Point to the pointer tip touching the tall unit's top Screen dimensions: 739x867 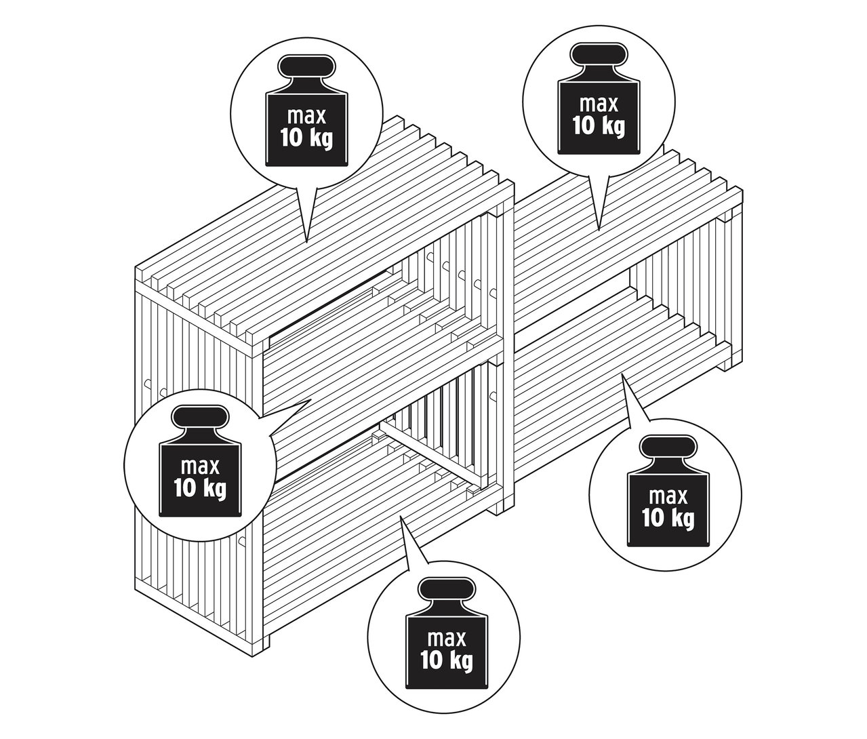(306, 241)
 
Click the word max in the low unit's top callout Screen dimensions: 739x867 (598, 104)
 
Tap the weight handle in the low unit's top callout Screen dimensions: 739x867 (597, 55)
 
